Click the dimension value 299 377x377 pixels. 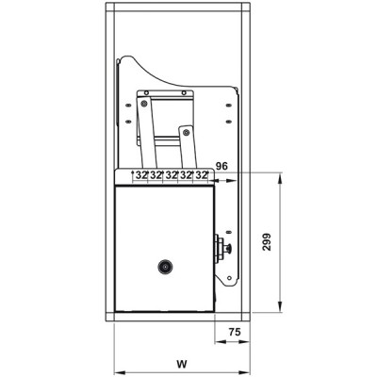point(267,241)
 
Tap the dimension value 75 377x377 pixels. point(235,332)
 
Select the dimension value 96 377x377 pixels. point(221,166)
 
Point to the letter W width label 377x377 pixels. point(182,364)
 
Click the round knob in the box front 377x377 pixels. point(165,267)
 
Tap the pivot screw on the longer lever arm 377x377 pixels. point(144,103)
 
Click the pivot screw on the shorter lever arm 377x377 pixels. point(186,132)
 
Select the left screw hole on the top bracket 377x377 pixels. point(146,92)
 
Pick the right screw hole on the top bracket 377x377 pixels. point(184,92)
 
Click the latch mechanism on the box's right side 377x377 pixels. point(222,249)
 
